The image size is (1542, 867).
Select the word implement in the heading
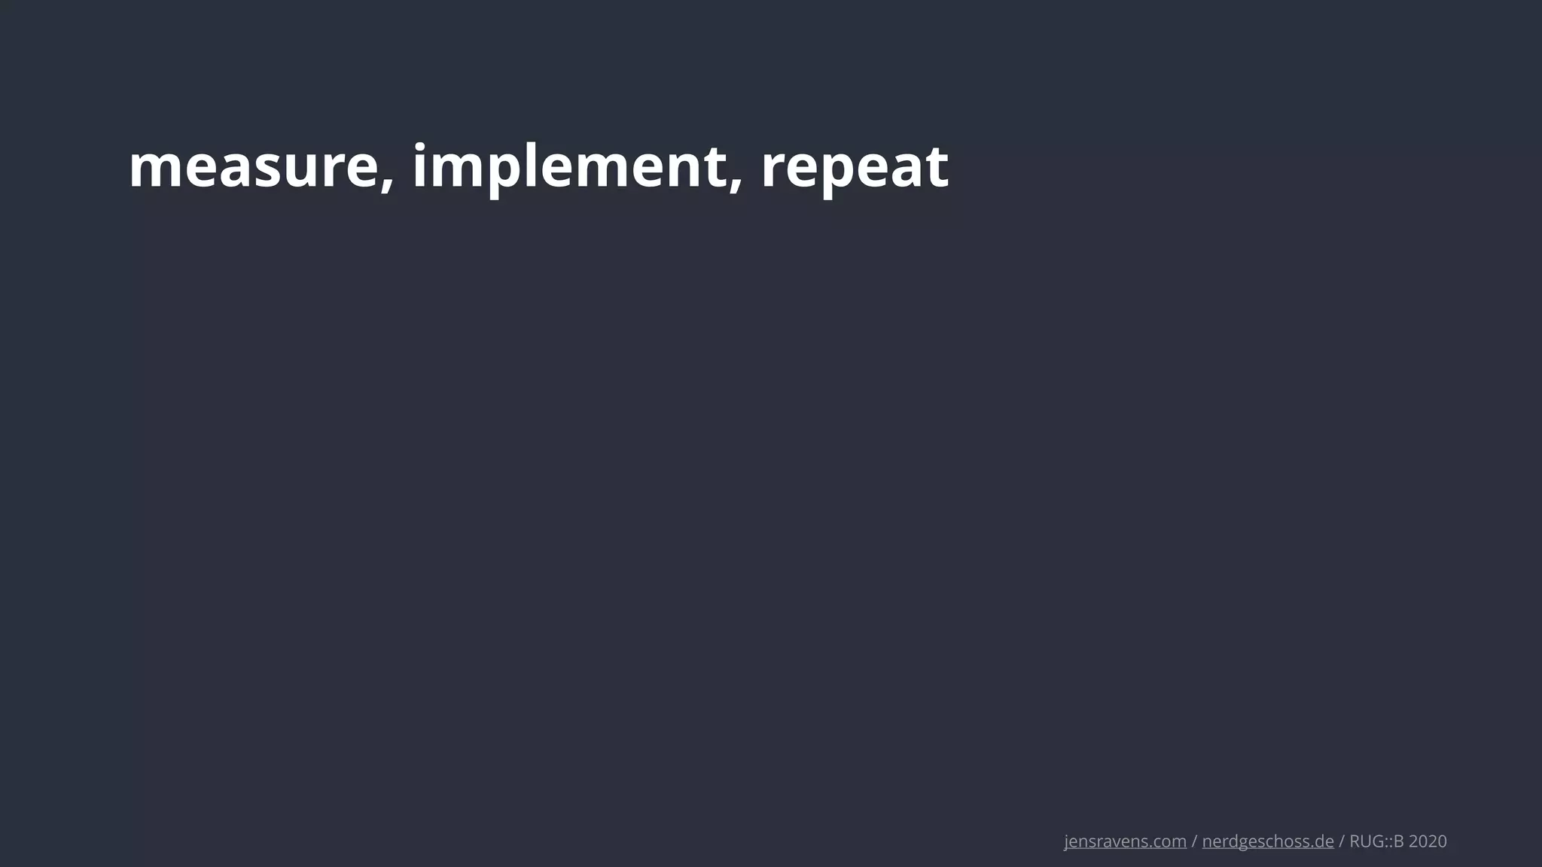pyautogui.click(x=568, y=167)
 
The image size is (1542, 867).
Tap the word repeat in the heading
pyautogui.click(x=854, y=167)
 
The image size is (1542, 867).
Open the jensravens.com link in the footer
pyautogui.click(x=1125, y=841)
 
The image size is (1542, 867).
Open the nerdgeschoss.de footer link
pyautogui.click(x=1268, y=841)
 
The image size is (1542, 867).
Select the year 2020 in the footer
pyautogui.click(x=1428, y=841)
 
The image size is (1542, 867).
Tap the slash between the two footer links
pyautogui.click(x=1194, y=841)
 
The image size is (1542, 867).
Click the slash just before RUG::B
pyautogui.click(x=1341, y=841)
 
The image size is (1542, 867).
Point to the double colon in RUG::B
pyautogui.click(x=1387, y=842)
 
